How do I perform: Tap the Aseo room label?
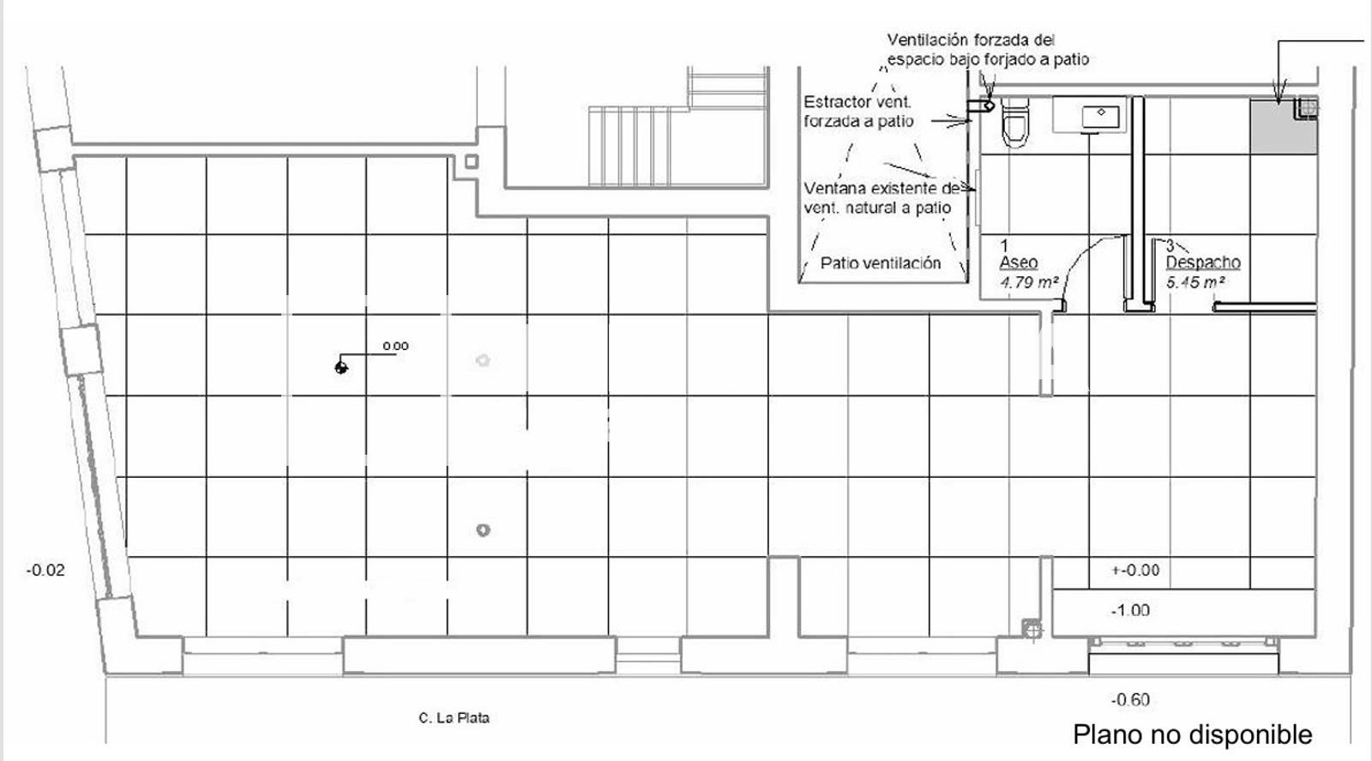click(x=1019, y=263)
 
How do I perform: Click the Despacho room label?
click(x=1203, y=263)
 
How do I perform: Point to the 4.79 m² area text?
click(x=1028, y=281)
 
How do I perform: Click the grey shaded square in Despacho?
click(x=1281, y=127)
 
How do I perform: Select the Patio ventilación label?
click(x=881, y=263)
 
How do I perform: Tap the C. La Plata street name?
click(x=454, y=717)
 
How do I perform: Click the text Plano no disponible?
click(x=1192, y=734)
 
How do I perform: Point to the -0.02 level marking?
click(x=45, y=570)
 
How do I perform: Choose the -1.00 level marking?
click(x=1130, y=611)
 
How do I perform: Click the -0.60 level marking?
click(x=1130, y=700)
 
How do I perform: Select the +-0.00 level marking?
click(x=1135, y=571)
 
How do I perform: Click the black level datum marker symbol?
click(x=341, y=367)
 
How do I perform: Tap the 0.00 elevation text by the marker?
click(x=395, y=346)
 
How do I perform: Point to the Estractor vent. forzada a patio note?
click(x=858, y=112)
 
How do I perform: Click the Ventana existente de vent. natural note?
click(x=880, y=197)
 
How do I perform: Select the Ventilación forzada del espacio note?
click(x=987, y=50)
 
